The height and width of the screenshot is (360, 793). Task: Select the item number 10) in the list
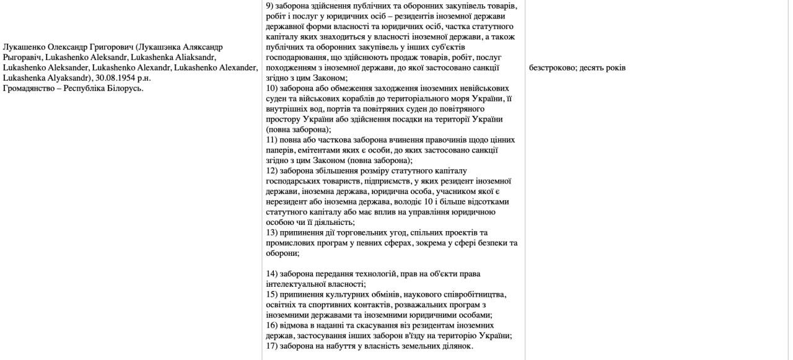point(271,89)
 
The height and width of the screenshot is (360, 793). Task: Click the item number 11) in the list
point(271,140)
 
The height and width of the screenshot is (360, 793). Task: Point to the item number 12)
point(271,170)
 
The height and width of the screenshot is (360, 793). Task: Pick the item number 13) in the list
point(271,232)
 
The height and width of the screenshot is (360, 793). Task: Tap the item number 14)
point(271,274)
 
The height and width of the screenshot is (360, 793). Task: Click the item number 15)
point(271,294)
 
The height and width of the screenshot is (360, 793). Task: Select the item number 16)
point(271,325)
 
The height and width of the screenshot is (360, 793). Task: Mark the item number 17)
point(271,346)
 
